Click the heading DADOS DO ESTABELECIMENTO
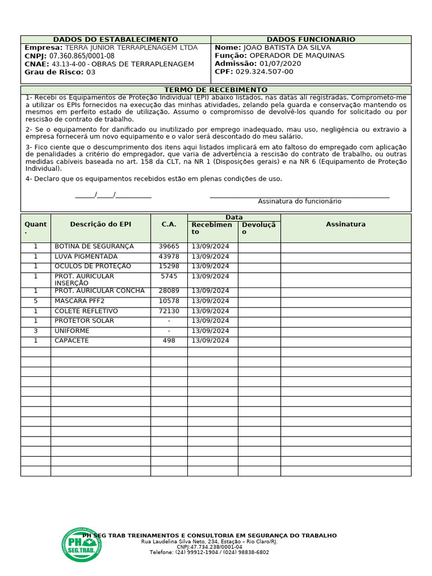pos(115,39)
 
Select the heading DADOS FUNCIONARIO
pos(310,39)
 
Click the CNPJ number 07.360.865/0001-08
pos(82,56)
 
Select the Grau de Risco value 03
pos(91,72)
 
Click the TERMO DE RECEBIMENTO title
pos(215,90)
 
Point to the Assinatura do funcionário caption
pos(299,201)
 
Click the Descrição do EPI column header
pos(101,224)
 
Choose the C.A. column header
pos(169,224)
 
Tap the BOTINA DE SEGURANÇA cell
pos(94,246)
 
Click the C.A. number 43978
pos(169,256)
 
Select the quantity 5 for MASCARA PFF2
pos(35,301)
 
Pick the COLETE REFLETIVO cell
pos(86,311)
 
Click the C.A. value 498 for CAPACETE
pos(169,341)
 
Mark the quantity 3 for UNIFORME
pos(35,331)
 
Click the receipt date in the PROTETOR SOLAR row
pos(210,321)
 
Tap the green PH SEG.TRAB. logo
pos(82,544)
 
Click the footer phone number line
pos(209,552)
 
